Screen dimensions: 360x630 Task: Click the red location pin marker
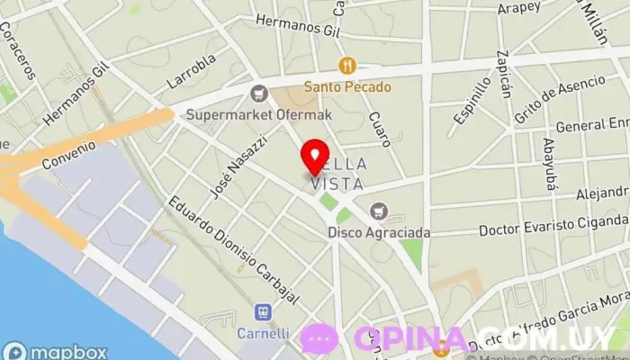tap(315, 156)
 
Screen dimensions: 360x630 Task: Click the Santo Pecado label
tap(346, 87)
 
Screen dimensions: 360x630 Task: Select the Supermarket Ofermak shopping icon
tap(260, 92)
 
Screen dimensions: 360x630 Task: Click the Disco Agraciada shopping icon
tap(378, 211)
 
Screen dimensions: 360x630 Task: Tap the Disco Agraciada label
tap(378, 232)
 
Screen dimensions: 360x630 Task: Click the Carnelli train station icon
tap(263, 312)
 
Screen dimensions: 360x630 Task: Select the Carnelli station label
tap(263, 333)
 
